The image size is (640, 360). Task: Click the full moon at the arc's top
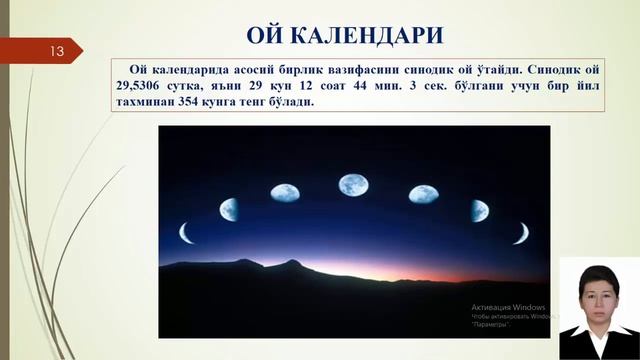(351, 185)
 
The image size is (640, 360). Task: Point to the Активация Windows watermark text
(508, 306)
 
